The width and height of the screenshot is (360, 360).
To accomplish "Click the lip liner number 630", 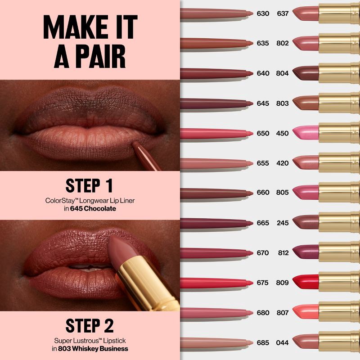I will point(263,14).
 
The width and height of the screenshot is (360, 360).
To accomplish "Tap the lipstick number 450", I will point(283,134).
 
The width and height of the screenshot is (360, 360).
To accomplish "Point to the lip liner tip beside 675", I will point(249,283).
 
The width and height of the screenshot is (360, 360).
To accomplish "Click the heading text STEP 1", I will point(89,186).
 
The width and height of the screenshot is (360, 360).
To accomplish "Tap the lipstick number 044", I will point(283,342).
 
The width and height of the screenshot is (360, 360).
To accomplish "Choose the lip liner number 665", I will point(263,223).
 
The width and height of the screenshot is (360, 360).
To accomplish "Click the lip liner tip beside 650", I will point(249,134).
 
